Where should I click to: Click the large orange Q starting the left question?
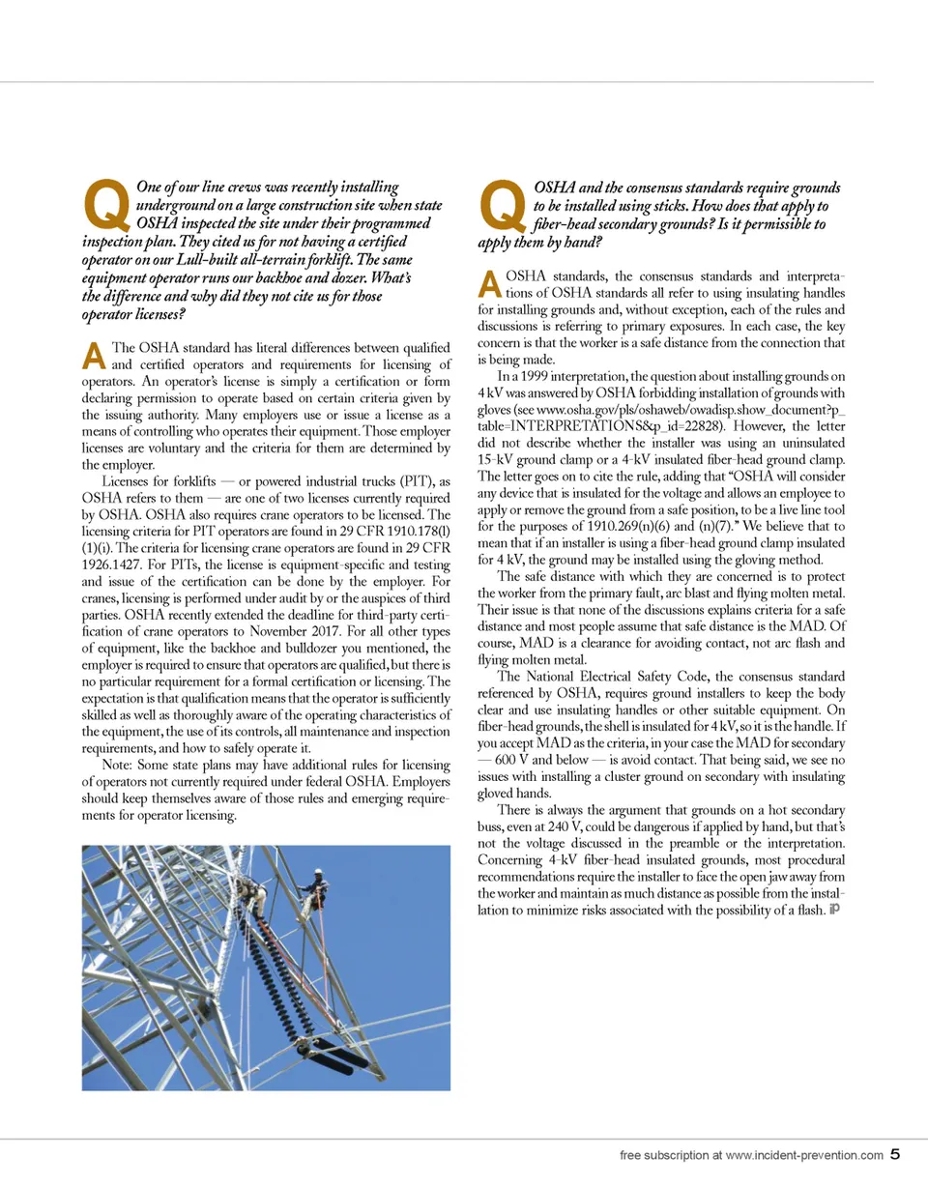[x=107, y=200]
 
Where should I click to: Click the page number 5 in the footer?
[x=896, y=1153]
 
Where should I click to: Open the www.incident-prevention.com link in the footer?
[x=803, y=1154]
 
